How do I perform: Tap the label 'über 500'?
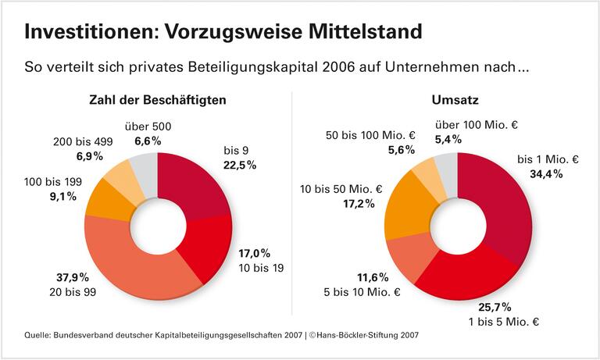click(x=148, y=126)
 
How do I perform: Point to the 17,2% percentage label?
click(x=355, y=203)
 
